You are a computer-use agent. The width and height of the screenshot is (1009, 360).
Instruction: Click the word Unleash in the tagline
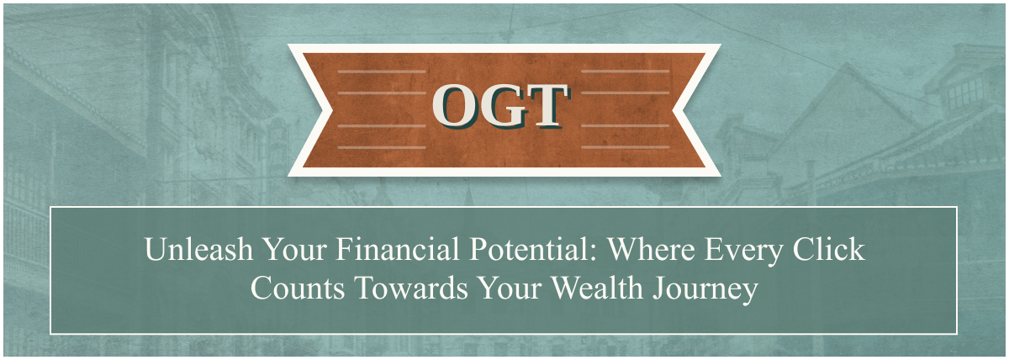[198, 249]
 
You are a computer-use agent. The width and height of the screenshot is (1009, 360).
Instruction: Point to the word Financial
[397, 249]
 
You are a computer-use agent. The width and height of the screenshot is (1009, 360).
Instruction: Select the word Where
[652, 249]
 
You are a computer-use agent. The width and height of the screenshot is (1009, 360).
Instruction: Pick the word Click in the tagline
[829, 249]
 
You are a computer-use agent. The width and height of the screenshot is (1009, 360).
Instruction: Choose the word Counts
[298, 288]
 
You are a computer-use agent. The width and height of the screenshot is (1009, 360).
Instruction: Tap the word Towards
[411, 288]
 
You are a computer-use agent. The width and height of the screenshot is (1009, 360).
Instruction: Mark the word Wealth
[597, 288]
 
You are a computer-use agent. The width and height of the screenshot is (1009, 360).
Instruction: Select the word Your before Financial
[294, 249]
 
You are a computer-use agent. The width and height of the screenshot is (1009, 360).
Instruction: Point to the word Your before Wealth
[510, 288]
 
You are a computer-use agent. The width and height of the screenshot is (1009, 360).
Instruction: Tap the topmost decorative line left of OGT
[382, 71]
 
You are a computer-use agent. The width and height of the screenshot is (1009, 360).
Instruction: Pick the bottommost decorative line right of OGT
[626, 147]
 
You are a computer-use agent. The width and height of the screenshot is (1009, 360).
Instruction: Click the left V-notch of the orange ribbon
[332, 110]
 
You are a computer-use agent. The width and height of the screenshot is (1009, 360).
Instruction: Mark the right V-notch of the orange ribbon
[673, 110]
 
